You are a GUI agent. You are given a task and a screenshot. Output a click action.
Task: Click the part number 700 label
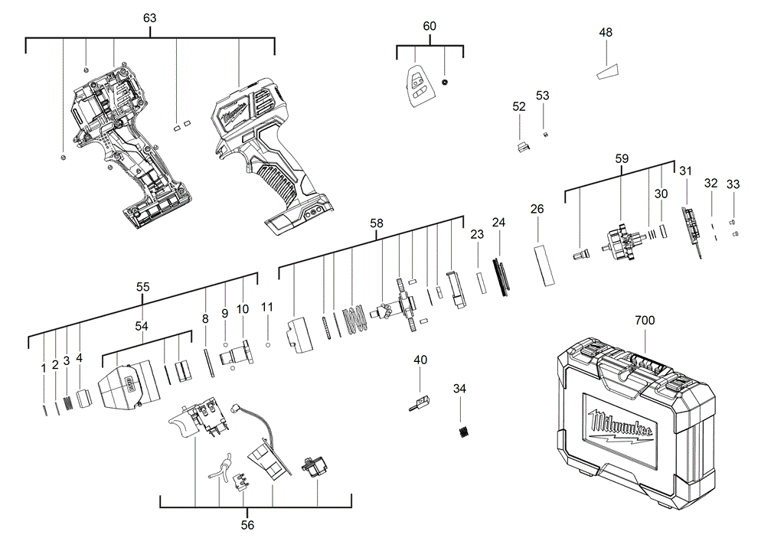click(645, 321)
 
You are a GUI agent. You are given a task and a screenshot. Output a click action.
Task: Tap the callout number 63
click(150, 17)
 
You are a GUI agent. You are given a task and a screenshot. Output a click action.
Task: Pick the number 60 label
click(430, 26)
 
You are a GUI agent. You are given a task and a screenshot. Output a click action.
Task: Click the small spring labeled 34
click(462, 432)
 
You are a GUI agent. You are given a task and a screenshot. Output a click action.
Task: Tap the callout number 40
click(420, 360)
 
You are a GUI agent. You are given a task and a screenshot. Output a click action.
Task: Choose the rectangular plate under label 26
click(544, 265)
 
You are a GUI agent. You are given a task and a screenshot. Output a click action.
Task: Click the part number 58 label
click(377, 223)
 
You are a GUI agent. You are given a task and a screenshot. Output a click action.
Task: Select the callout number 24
click(499, 223)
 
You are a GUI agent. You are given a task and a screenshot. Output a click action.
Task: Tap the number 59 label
click(622, 159)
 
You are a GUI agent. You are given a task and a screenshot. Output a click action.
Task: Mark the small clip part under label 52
click(523, 146)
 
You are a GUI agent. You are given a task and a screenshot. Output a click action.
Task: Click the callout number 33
click(733, 184)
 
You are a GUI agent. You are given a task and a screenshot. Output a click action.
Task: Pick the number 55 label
click(142, 287)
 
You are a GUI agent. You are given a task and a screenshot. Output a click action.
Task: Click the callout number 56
click(247, 525)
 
